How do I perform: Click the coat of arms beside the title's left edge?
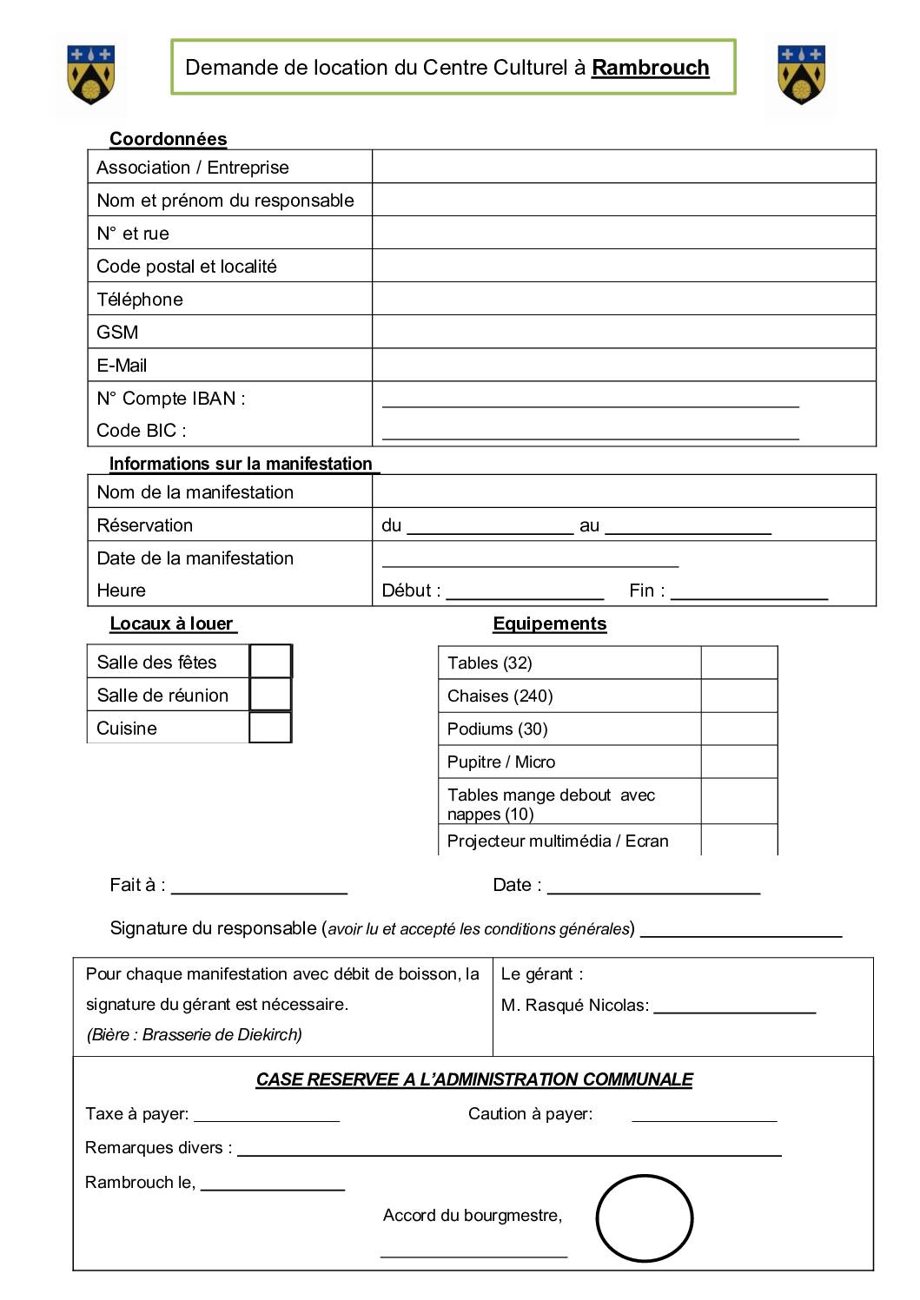(x=90, y=75)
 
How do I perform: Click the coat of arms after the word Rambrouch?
(x=801, y=75)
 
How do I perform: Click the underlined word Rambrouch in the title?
(x=650, y=68)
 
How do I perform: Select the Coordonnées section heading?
(x=168, y=139)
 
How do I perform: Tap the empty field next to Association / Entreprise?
(x=623, y=167)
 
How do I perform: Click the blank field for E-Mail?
(x=623, y=365)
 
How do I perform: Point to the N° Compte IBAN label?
(x=171, y=399)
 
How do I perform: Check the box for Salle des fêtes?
(x=270, y=662)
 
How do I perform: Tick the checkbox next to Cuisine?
(x=270, y=728)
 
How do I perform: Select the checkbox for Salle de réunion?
(x=270, y=695)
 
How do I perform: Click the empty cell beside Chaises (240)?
(x=738, y=696)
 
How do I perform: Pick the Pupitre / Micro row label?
(x=501, y=762)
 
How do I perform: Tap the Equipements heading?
(x=549, y=624)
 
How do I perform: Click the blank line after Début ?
(x=525, y=594)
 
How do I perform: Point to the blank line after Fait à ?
(x=259, y=888)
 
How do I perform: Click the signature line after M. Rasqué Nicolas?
(x=734, y=1008)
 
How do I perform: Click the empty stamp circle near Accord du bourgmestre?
(x=644, y=1218)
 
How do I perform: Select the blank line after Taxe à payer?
(x=267, y=1117)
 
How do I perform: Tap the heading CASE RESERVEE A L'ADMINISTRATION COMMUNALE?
(x=474, y=1079)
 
